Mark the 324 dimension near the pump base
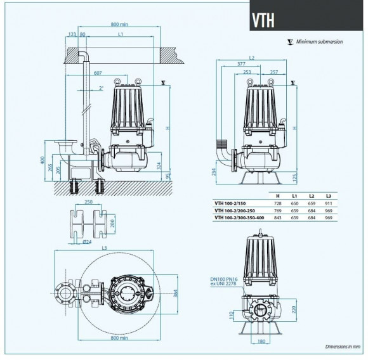158,165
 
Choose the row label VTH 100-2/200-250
238,210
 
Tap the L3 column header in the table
327,195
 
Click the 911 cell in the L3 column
327,203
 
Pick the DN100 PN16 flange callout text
225,279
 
